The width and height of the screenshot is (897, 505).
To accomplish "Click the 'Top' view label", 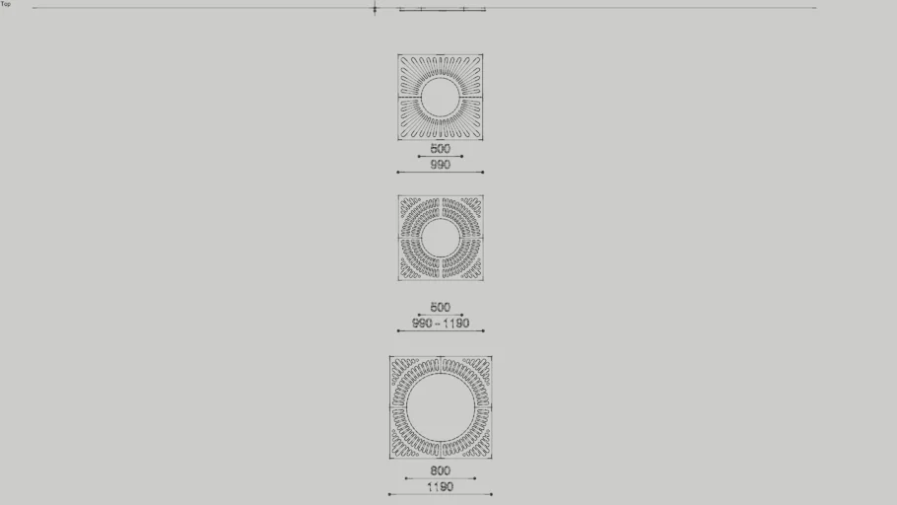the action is (x=6, y=4).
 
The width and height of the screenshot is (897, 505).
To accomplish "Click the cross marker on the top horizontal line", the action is (x=375, y=8).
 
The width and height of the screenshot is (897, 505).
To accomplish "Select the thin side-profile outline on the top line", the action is (x=442, y=9).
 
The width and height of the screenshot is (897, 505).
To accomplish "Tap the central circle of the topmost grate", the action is (x=441, y=79).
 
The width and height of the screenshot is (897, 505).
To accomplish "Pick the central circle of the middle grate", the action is (x=441, y=219).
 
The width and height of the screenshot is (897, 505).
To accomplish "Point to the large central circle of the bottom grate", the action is (x=441, y=375).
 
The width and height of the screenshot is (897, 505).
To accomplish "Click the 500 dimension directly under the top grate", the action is (x=440, y=148).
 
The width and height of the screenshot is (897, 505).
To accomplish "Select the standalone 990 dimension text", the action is (x=440, y=165).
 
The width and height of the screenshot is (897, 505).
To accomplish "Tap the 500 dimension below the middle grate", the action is (x=440, y=307).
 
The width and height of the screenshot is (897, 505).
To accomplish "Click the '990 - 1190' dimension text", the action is (x=441, y=323).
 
